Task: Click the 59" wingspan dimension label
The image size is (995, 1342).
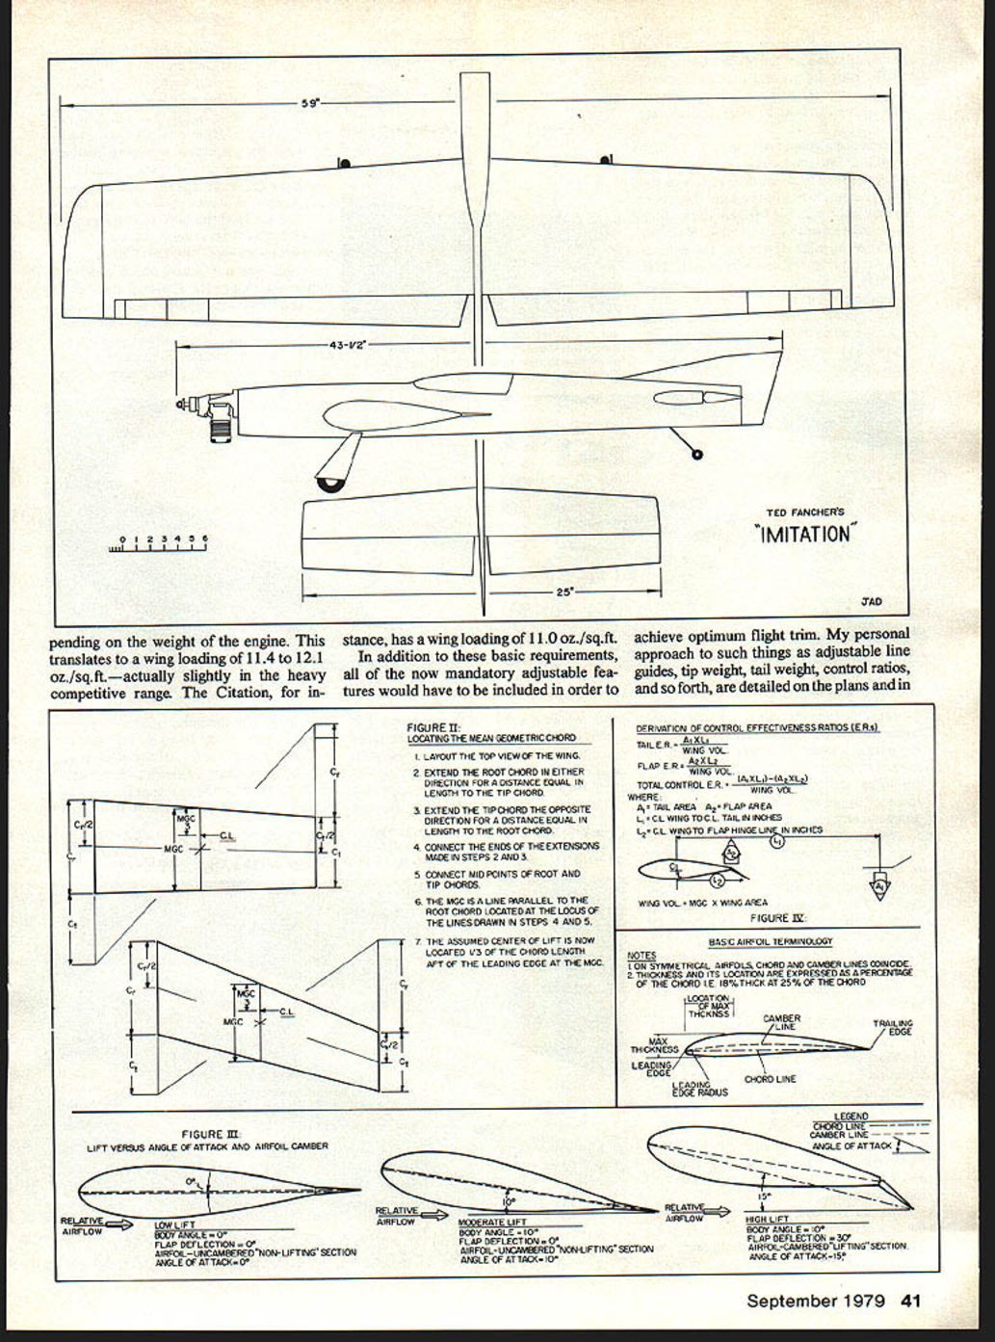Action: click(x=310, y=103)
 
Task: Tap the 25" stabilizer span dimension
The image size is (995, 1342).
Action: click(x=564, y=592)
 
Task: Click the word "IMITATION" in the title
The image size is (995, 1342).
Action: click(x=804, y=534)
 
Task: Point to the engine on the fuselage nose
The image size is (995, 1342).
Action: click(x=217, y=413)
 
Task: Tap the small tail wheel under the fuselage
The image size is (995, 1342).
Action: click(x=697, y=453)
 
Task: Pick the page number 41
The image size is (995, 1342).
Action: click(x=911, y=1301)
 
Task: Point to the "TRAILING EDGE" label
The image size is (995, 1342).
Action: click(x=892, y=1028)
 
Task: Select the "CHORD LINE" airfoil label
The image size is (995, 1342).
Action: click(x=770, y=1079)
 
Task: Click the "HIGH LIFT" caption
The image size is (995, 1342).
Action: click(x=769, y=1219)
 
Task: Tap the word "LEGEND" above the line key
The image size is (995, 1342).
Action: click(x=851, y=1116)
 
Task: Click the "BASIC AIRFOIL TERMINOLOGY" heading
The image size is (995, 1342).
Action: click(x=770, y=941)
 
